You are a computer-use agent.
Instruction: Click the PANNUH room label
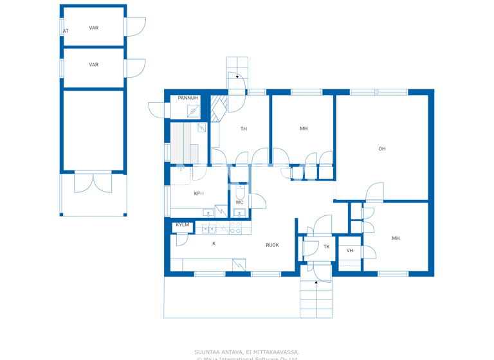pyautogui.click(x=188, y=98)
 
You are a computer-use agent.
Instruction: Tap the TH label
pyautogui.click(x=244, y=129)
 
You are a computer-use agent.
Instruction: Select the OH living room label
pyautogui.click(x=382, y=149)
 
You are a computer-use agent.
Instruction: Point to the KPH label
pyautogui.click(x=199, y=194)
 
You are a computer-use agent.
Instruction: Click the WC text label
pyautogui.click(x=239, y=203)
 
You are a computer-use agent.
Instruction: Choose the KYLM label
pyautogui.click(x=183, y=225)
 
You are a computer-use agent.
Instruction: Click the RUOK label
pyautogui.click(x=273, y=245)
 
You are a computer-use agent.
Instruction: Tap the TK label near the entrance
pyautogui.click(x=326, y=247)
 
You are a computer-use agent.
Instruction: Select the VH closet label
pyautogui.click(x=350, y=251)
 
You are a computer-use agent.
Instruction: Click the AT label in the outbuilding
pyautogui.click(x=66, y=31)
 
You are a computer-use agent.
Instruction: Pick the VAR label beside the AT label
pyautogui.click(x=94, y=28)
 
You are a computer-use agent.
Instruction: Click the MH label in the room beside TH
pyautogui.click(x=304, y=129)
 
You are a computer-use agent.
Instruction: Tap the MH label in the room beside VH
pyautogui.click(x=396, y=239)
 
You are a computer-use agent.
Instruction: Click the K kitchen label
pyautogui.click(x=214, y=244)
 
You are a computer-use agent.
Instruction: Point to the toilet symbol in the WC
pyautogui.click(x=239, y=192)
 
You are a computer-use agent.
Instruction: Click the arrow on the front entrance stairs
pyautogui.click(x=316, y=281)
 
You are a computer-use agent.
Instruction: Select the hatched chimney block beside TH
pyautogui.click(x=219, y=109)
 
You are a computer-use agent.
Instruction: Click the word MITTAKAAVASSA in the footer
pyautogui.click(x=278, y=352)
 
